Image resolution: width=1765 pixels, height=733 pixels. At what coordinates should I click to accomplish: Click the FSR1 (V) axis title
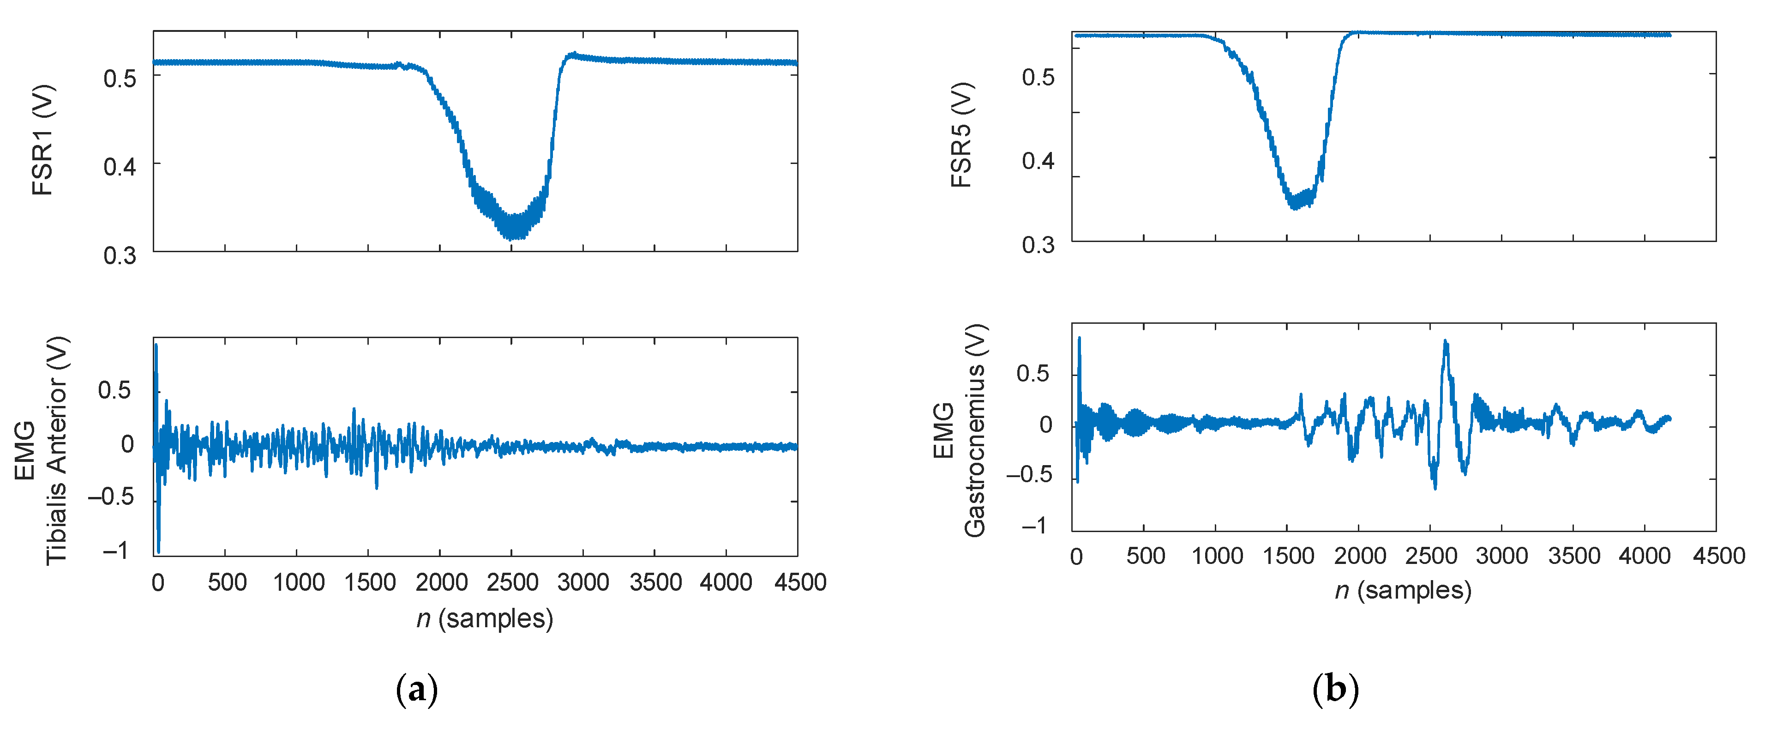42,140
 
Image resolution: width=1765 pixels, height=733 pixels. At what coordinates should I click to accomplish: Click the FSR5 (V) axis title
961,134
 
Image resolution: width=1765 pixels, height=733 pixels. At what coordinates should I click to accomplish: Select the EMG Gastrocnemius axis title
960,430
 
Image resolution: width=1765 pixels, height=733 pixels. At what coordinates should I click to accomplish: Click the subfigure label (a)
417,689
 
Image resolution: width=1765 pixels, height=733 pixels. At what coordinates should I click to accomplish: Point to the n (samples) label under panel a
485,618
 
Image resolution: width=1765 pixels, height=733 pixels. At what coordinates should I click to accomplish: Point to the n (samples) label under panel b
1403,590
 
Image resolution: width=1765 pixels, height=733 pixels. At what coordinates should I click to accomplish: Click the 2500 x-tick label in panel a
512,583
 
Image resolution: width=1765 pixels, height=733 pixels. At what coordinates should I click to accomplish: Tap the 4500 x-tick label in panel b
1718,555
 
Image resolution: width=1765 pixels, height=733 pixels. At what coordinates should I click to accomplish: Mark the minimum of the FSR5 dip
1294,208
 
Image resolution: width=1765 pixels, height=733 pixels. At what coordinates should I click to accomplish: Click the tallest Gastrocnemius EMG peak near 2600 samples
1446,341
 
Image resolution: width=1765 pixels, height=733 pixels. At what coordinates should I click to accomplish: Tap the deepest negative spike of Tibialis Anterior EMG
158,551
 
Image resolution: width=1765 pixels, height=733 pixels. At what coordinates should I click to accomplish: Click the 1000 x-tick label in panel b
1217,555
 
